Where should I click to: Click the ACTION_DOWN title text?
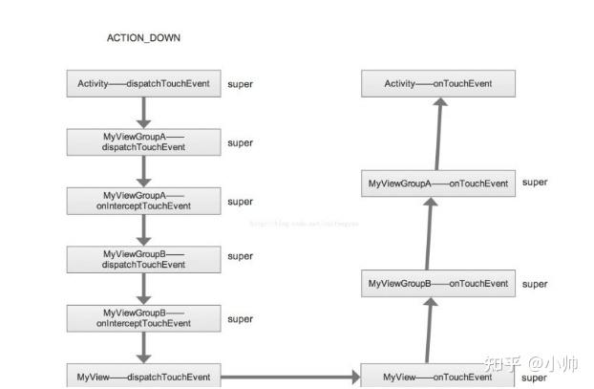click(x=143, y=38)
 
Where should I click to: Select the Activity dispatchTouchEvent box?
click(x=142, y=84)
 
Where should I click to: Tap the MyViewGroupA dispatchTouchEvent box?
click(x=142, y=142)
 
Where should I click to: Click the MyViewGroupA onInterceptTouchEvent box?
click(x=142, y=201)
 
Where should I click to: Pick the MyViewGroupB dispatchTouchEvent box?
click(x=142, y=259)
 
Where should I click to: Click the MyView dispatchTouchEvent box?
click(x=142, y=376)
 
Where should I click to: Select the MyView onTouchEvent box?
click(x=438, y=377)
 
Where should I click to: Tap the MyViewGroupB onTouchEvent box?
click(x=438, y=283)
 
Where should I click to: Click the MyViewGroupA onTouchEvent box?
click(x=438, y=183)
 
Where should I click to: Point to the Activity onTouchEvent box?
click(x=438, y=84)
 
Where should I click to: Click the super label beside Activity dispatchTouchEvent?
click(x=240, y=85)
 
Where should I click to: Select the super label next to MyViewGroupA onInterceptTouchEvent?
click(x=240, y=202)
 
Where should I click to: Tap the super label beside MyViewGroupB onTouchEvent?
click(x=535, y=284)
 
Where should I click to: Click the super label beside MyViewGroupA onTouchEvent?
click(x=535, y=182)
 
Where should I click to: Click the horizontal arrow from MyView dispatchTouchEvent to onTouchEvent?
click(x=290, y=377)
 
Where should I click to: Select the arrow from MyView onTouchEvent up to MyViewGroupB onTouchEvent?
click(x=431, y=330)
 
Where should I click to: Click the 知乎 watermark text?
click(x=502, y=364)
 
